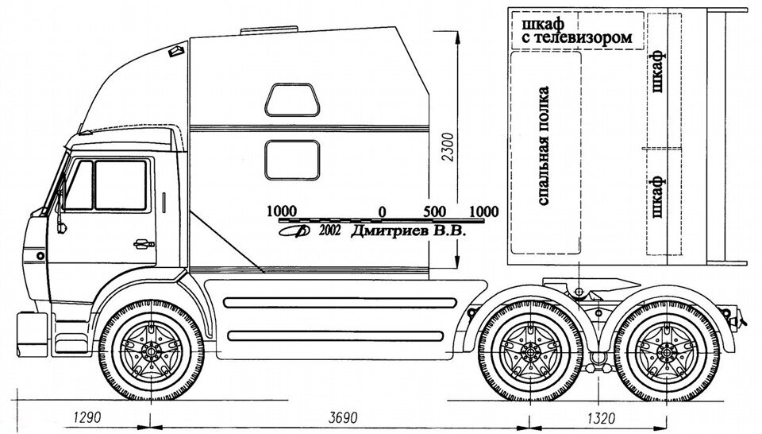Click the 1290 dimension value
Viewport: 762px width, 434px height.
point(87,417)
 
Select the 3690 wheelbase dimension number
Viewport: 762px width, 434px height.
point(343,417)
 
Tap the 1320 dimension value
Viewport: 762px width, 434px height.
point(602,417)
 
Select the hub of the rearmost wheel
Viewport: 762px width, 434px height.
point(666,351)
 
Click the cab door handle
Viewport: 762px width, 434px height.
point(144,243)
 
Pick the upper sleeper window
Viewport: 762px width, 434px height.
point(292,99)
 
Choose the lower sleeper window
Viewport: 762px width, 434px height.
point(292,160)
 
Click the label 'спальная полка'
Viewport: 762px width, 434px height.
point(544,145)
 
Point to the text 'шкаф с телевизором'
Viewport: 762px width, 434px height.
point(577,30)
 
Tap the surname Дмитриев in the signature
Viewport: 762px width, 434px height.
point(390,231)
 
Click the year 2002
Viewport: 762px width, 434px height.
point(330,231)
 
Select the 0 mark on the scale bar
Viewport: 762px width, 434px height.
point(383,212)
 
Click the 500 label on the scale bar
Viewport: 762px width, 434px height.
point(434,211)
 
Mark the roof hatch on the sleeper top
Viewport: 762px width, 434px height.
point(269,30)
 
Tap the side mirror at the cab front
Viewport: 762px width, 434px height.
point(60,204)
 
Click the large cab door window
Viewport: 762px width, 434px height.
point(121,185)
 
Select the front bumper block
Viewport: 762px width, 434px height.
point(32,335)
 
